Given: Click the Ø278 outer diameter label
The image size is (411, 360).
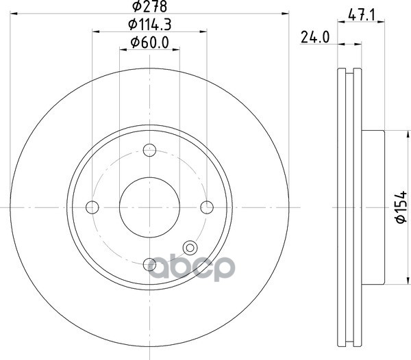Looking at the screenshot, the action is (x=149, y=6).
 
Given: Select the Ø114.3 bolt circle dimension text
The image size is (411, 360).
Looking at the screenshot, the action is (x=149, y=25).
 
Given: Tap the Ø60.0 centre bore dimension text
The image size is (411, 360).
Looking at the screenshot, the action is (x=149, y=42).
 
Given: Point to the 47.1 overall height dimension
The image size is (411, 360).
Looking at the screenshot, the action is (x=362, y=16).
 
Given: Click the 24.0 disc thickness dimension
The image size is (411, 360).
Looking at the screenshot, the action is (x=315, y=37).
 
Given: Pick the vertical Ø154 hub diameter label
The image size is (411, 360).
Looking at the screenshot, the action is (x=401, y=207).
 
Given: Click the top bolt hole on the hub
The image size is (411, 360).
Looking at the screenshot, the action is (x=149, y=151).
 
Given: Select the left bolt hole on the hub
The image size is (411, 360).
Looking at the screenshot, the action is (x=92, y=207).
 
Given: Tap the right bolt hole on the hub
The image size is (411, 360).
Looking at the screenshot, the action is (x=207, y=207).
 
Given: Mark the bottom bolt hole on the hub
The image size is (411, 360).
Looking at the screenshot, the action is (x=149, y=264).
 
